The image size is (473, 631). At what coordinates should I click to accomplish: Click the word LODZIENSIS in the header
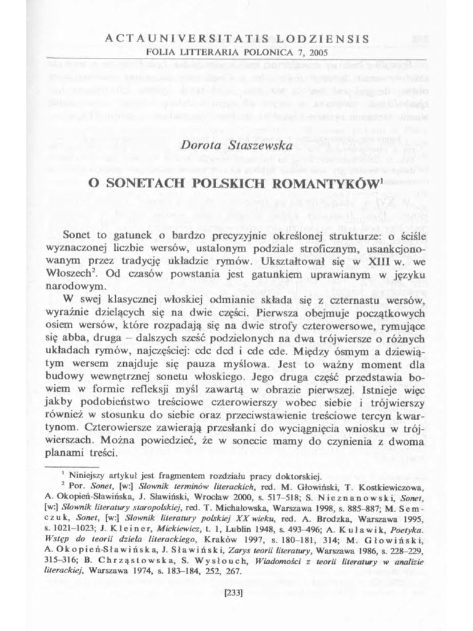coord(323,38)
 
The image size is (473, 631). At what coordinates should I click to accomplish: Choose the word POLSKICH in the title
coord(231,183)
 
